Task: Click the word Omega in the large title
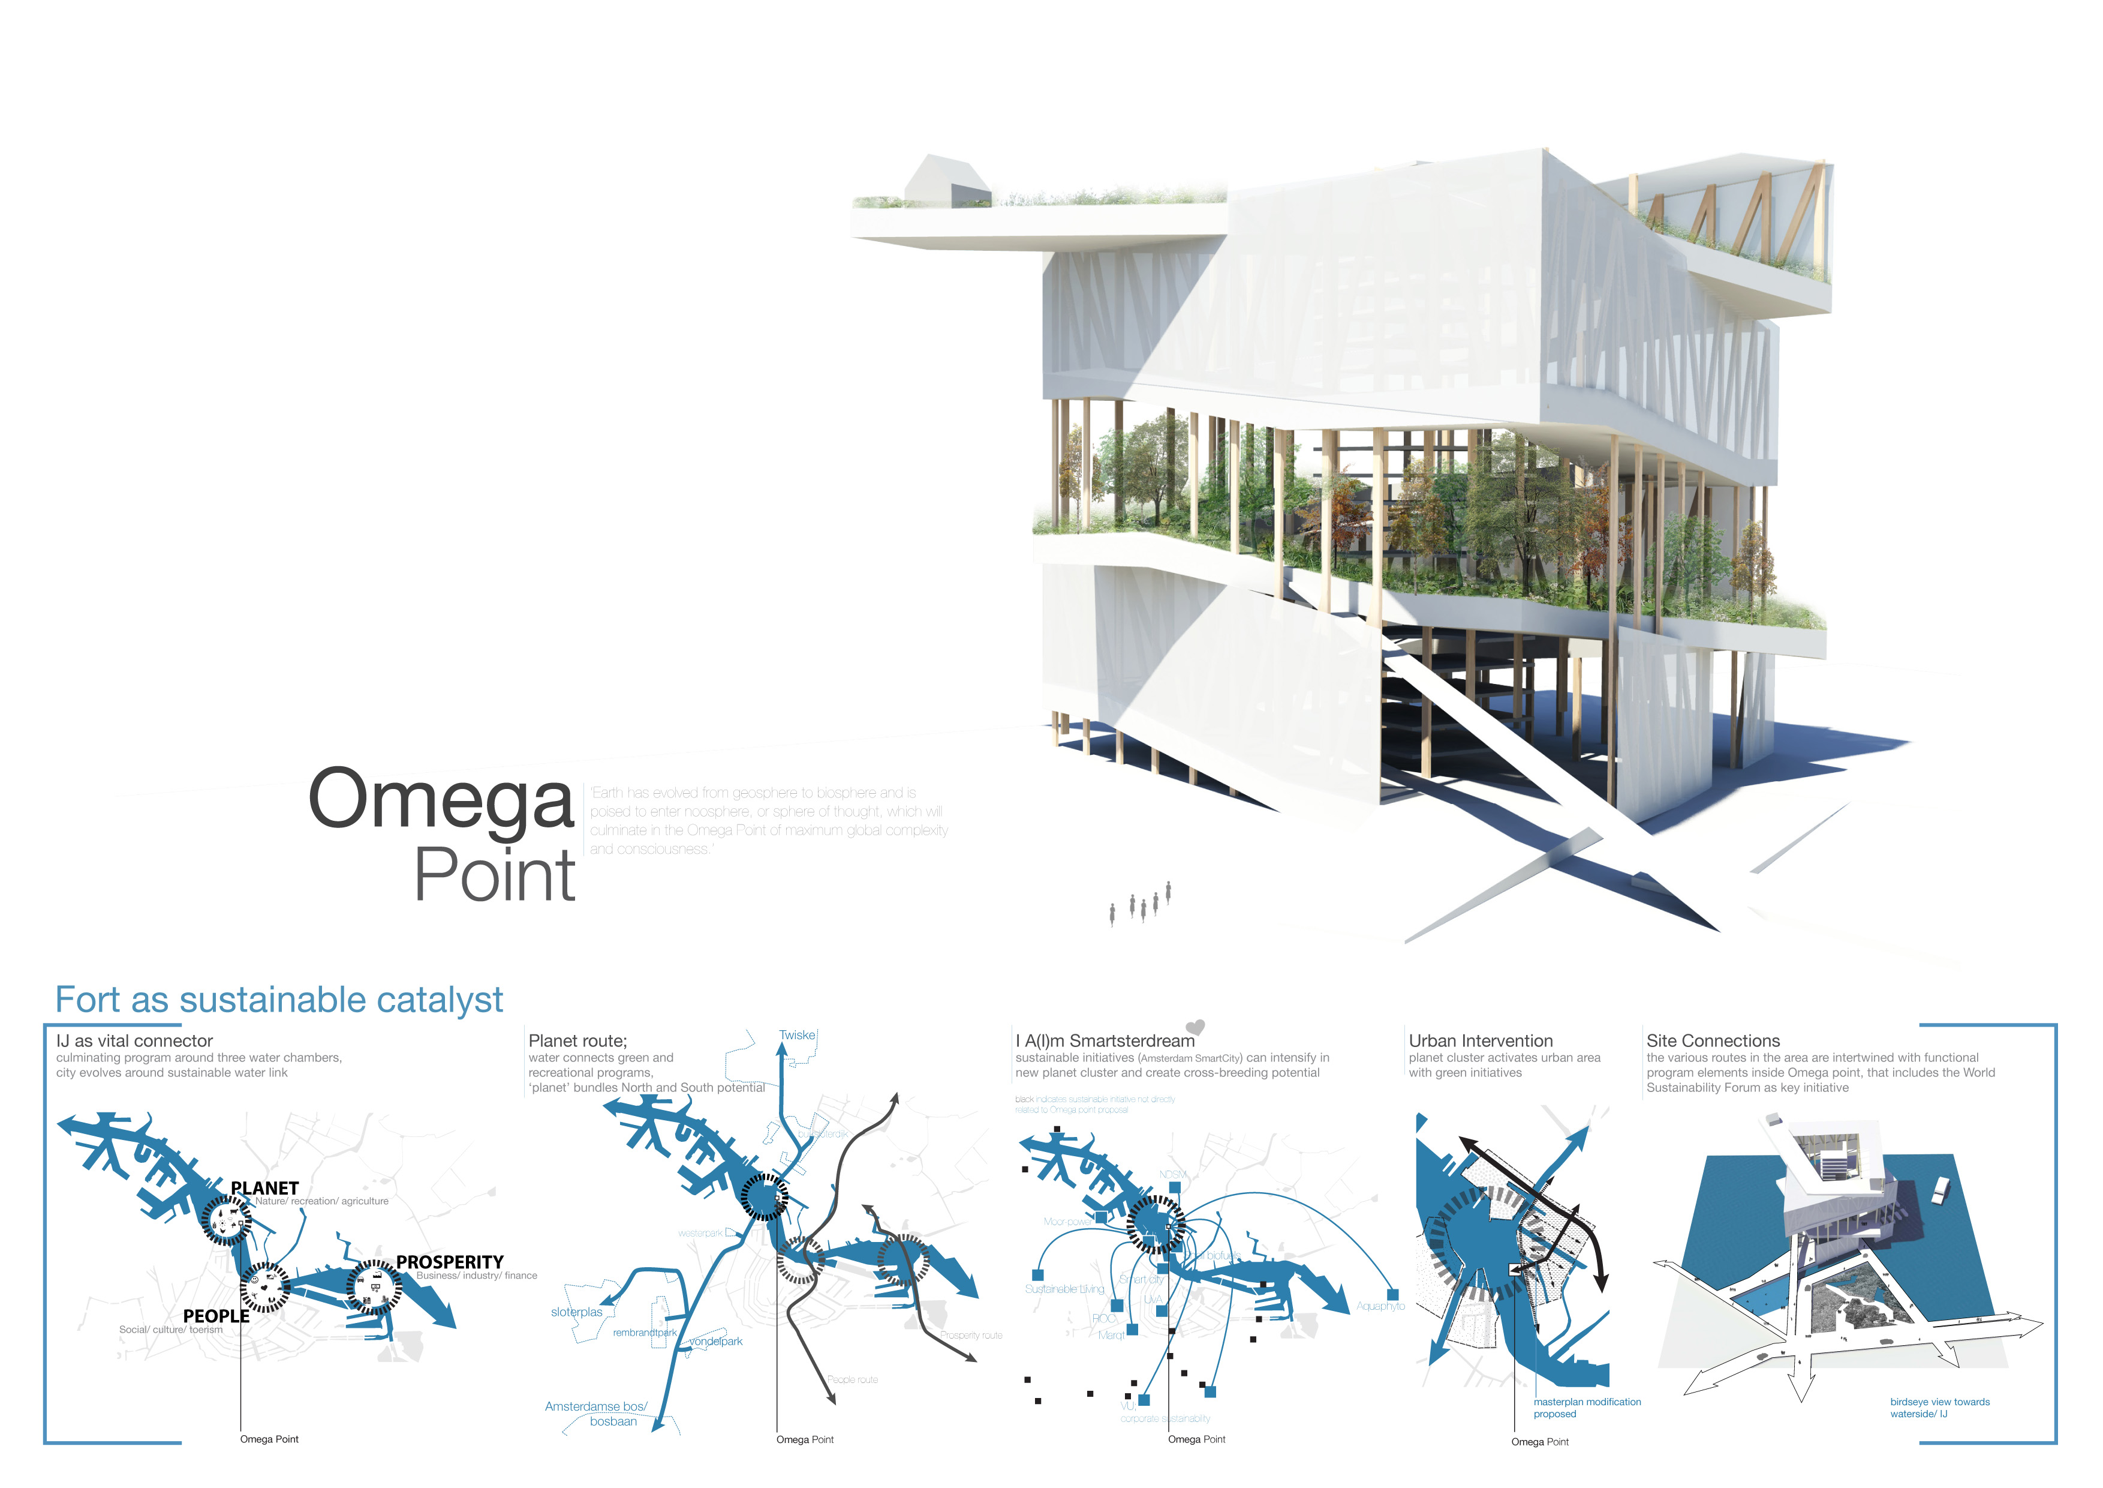coord(441,800)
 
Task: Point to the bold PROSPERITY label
coord(450,1262)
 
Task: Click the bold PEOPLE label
coord(216,1316)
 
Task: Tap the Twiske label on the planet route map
coord(797,1036)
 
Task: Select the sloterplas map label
coord(577,1312)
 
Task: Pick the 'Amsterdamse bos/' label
coord(595,1406)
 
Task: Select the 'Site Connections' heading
coord(1713,1041)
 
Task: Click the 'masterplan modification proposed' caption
coord(1587,1408)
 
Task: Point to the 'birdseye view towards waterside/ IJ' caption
coord(1939,1408)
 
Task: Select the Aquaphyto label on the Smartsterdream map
coord(1380,1307)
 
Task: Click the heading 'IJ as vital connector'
coord(135,1041)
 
